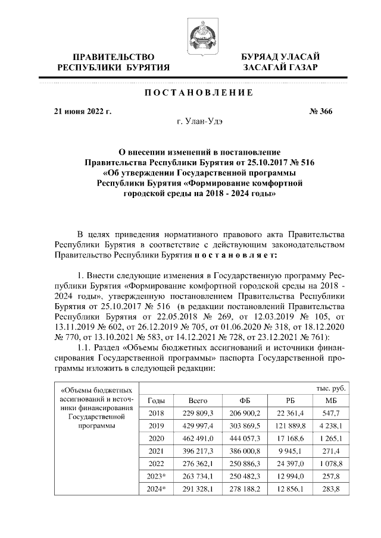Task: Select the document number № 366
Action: (x=321, y=111)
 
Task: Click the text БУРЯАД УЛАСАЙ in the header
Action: (x=280, y=57)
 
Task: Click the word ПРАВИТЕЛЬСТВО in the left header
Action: (x=113, y=57)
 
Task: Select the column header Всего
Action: (x=197, y=401)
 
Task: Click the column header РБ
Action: (x=291, y=401)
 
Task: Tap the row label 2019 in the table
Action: (x=156, y=426)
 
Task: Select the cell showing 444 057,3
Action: (x=244, y=439)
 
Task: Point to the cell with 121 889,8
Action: (x=291, y=426)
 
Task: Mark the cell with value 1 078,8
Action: (x=335, y=464)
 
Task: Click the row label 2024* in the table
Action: (x=156, y=489)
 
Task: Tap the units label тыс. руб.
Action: (x=330, y=388)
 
